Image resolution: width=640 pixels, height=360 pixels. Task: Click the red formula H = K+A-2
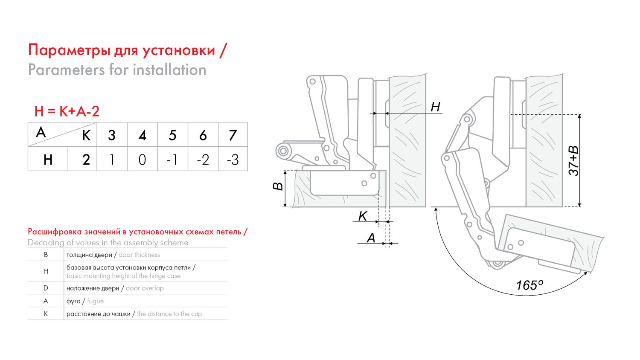[67, 111]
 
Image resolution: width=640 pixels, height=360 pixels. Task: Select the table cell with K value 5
[172, 135]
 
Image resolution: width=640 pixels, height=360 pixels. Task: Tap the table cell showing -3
[233, 159]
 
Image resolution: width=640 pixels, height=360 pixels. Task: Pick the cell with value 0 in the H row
[142, 159]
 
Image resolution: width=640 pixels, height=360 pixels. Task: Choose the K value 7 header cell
[233, 135]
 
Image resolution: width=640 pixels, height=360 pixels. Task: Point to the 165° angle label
[529, 285]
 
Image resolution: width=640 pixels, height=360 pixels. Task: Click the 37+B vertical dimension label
[573, 160]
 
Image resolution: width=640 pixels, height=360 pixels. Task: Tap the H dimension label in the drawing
[436, 107]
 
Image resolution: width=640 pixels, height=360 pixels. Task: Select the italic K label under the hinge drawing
[363, 216]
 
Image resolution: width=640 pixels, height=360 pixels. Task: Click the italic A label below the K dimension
[371, 238]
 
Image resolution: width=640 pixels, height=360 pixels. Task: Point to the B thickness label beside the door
[278, 186]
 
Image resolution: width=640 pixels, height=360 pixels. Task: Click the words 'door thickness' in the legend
[139, 255]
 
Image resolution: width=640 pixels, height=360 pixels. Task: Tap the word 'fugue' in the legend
[95, 301]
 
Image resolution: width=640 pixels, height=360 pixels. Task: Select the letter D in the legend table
[46, 288]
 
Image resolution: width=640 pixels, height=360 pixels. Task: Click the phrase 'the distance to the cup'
[169, 314]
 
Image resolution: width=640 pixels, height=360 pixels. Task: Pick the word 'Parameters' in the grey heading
[66, 70]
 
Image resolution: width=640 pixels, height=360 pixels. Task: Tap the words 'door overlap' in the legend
[145, 288]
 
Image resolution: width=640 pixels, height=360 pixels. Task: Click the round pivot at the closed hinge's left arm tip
[283, 151]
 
